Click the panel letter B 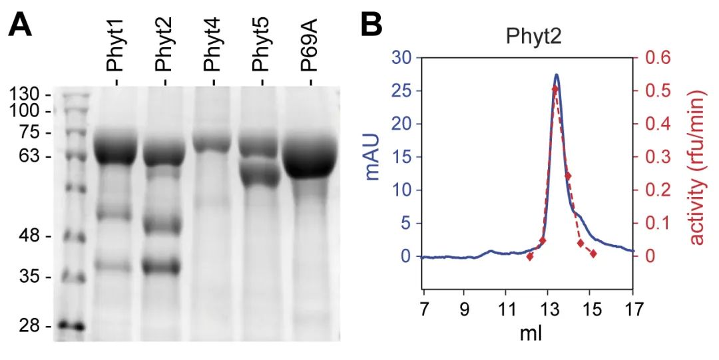371,25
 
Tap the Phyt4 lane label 212,51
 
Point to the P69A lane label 310,52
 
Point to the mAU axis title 375,157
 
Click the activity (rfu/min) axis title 697,157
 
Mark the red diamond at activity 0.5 555,89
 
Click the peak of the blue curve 557,75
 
